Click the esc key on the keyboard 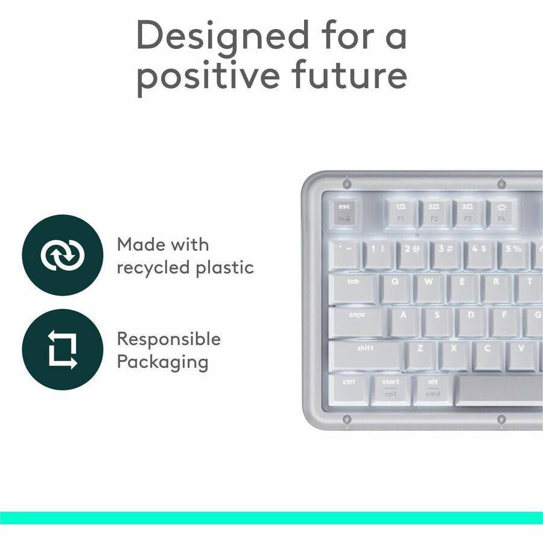[x=345, y=213]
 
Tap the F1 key [x=401, y=213]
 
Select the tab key [x=354, y=288]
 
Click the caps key [x=357, y=322]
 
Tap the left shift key [x=366, y=355]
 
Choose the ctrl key [x=349, y=389]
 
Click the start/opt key [x=390, y=389]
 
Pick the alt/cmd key [x=433, y=389]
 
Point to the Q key [x=395, y=288]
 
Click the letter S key [x=437, y=322]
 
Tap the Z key [x=420, y=355]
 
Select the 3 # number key [x=446, y=255]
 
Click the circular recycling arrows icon [x=62, y=255]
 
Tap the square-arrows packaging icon [x=62, y=349]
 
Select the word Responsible [x=169, y=339]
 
